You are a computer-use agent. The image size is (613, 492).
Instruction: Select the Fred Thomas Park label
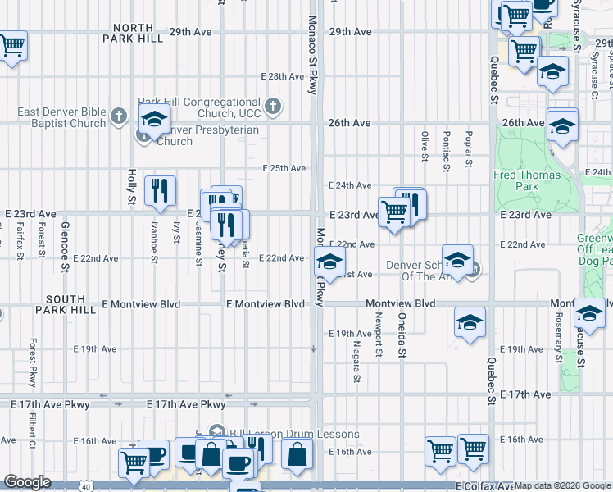[527, 180]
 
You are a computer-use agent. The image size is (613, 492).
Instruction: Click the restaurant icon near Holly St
[160, 190]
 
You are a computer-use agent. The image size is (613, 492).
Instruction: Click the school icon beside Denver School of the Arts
[458, 257]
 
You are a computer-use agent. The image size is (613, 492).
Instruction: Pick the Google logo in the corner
[27, 482]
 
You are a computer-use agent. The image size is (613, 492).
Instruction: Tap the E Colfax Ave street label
[484, 486]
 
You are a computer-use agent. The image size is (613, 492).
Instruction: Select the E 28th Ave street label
[283, 76]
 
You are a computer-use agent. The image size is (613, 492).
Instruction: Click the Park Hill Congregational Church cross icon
[274, 106]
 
